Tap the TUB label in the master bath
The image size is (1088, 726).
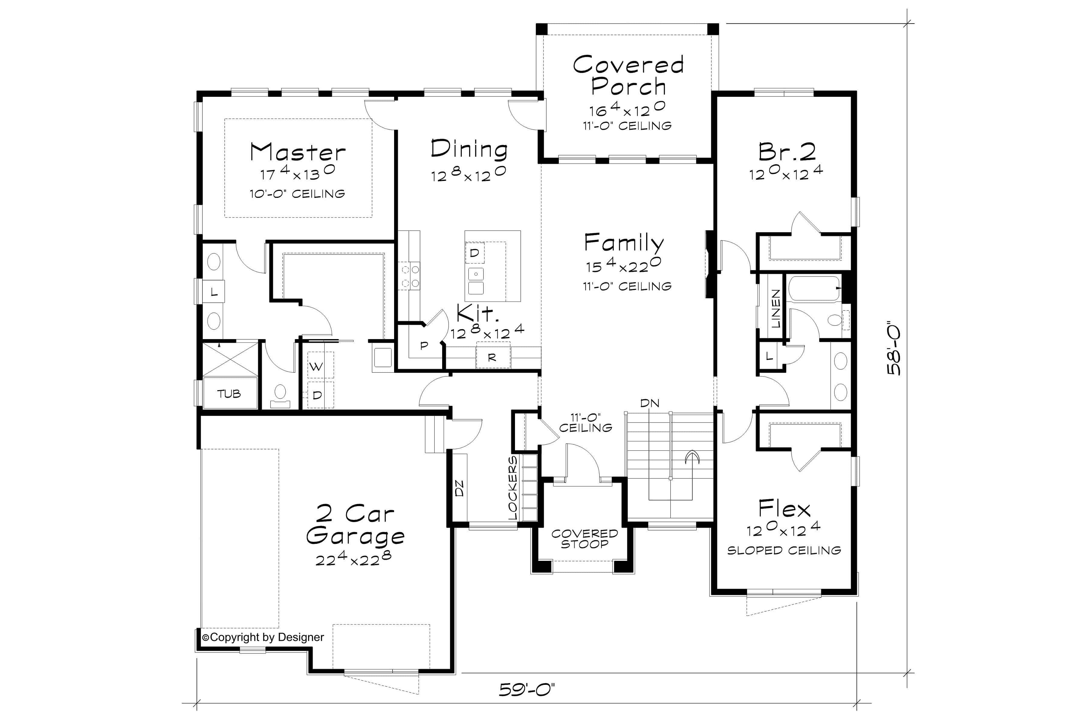tap(229, 394)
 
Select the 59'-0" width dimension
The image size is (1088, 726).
tap(526, 690)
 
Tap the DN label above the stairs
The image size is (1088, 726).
tap(649, 403)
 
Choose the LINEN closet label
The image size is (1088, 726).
tap(776, 308)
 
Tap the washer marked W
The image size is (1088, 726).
tap(316, 367)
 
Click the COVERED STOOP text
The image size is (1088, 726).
tap(585, 538)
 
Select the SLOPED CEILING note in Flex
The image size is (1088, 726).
tap(784, 551)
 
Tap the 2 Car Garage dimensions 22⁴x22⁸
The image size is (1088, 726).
tap(353, 559)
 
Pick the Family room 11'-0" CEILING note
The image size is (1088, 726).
tap(627, 286)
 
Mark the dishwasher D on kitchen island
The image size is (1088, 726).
tap(474, 253)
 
